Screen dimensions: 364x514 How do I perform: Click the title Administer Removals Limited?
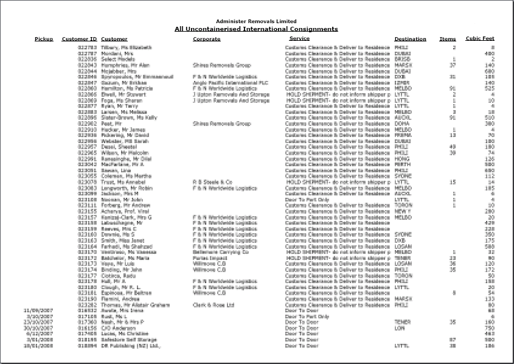256,21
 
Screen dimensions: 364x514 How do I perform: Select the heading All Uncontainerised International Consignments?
256,29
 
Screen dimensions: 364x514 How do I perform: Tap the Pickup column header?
44,39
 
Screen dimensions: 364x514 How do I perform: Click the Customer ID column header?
79,39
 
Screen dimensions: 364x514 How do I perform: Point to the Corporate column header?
207,39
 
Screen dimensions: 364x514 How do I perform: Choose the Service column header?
299,38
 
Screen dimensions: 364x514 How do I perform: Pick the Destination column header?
410,39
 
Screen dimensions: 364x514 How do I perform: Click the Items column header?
448,39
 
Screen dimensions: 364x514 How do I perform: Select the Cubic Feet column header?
480,38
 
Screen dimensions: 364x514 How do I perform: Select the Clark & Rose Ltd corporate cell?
214,304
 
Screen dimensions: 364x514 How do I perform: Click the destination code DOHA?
402,123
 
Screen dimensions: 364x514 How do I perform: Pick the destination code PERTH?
402,164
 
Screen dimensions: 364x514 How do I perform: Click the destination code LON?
399,327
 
